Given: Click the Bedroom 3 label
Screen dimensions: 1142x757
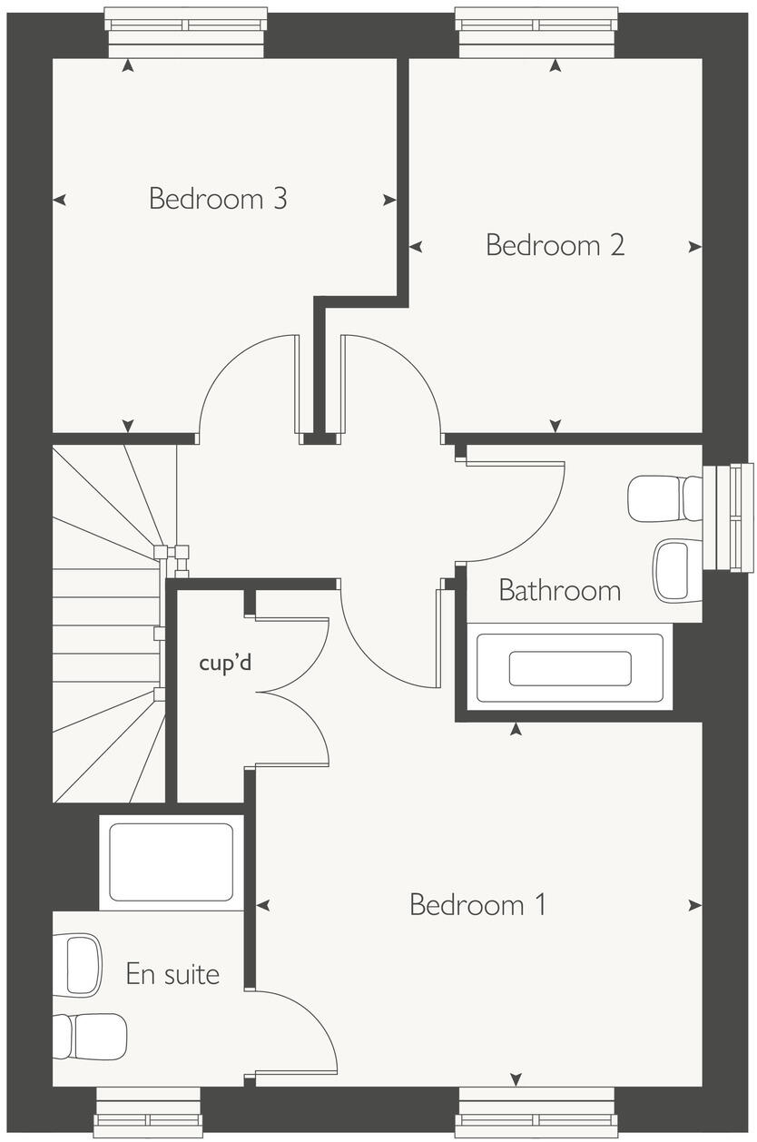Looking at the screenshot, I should pos(218,198).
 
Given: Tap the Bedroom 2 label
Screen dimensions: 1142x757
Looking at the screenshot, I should pos(555,245).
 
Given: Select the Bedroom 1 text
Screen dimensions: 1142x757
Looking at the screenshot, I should pos(477,904).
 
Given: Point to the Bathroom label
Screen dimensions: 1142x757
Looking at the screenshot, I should pos(559,591).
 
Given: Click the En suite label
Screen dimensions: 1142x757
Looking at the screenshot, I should pos(172,975).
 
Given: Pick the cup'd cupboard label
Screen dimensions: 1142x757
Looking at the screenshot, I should pos(225,663).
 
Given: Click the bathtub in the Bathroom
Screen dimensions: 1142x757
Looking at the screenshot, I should pos(569,668).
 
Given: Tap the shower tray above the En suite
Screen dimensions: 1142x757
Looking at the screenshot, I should pos(171,862).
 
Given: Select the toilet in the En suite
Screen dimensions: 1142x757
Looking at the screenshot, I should pos(91,1036).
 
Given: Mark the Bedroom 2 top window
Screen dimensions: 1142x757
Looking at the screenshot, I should pos(536,33).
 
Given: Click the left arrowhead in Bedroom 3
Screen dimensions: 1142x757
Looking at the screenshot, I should pos(60,200).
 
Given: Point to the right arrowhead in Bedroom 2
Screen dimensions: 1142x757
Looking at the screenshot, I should pos(694,246).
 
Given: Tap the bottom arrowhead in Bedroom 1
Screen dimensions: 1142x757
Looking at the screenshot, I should pos(516,1078).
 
